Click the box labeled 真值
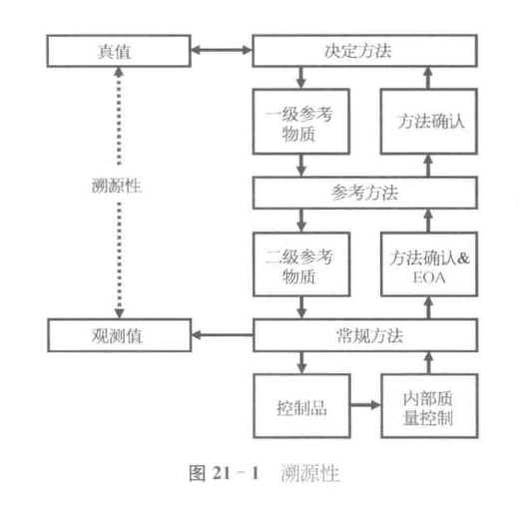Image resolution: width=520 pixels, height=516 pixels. (x=104, y=47)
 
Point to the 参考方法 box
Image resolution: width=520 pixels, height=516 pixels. (x=361, y=192)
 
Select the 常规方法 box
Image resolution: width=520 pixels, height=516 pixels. (x=361, y=331)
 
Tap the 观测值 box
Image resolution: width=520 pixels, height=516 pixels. (x=104, y=331)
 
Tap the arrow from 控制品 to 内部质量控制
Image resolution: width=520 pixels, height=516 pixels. (x=363, y=407)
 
